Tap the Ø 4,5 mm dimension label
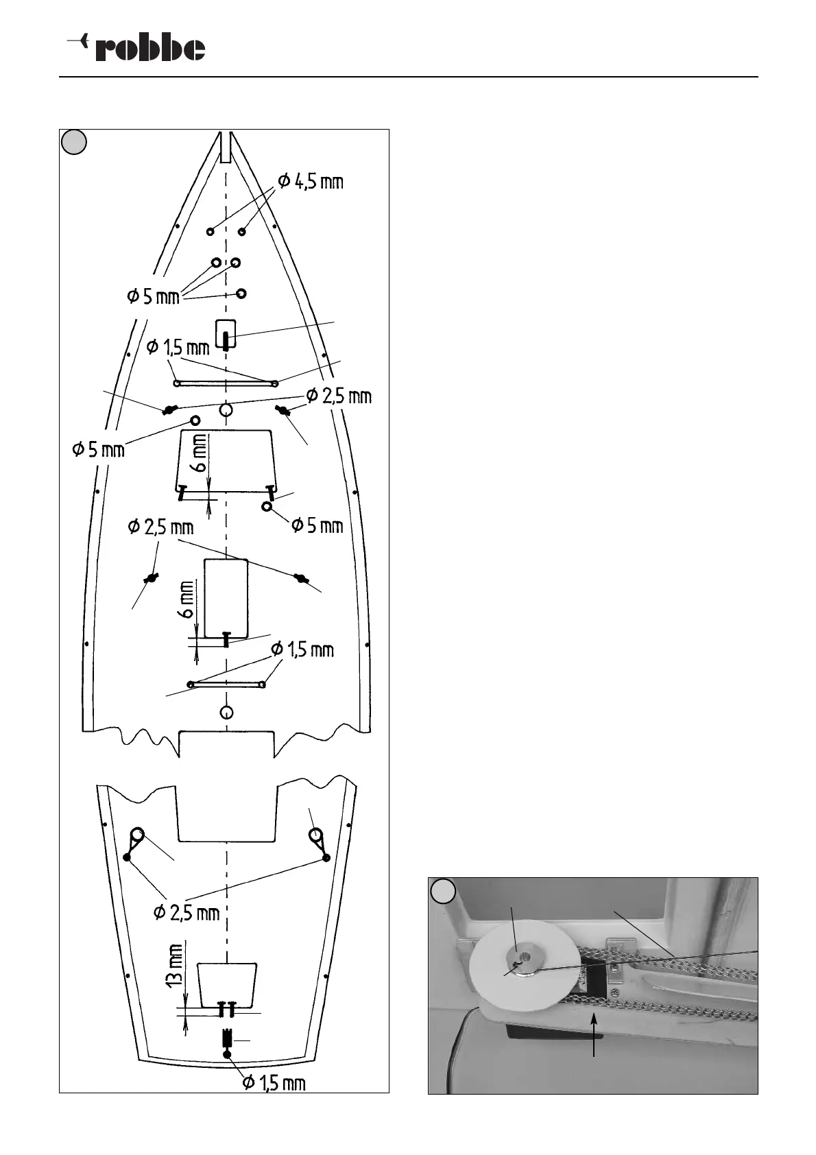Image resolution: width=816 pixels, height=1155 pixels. pos(310,182)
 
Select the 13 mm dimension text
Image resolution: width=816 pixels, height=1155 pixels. pos(176,966)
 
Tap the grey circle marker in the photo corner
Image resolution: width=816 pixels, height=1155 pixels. pos(443,890)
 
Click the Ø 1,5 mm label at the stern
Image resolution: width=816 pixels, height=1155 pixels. pos(274,1083)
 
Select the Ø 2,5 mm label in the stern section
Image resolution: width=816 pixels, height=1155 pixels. pos(187,912)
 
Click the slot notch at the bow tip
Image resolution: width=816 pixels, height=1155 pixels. pos(226,145)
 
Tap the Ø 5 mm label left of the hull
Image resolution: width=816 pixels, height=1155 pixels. pos(99,450)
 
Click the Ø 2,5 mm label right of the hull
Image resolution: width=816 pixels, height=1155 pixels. pos(339,396)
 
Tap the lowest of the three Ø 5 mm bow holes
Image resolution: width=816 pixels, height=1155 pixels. pos(241,294)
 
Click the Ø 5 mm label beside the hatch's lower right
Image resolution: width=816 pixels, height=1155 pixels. pos(317,525)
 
